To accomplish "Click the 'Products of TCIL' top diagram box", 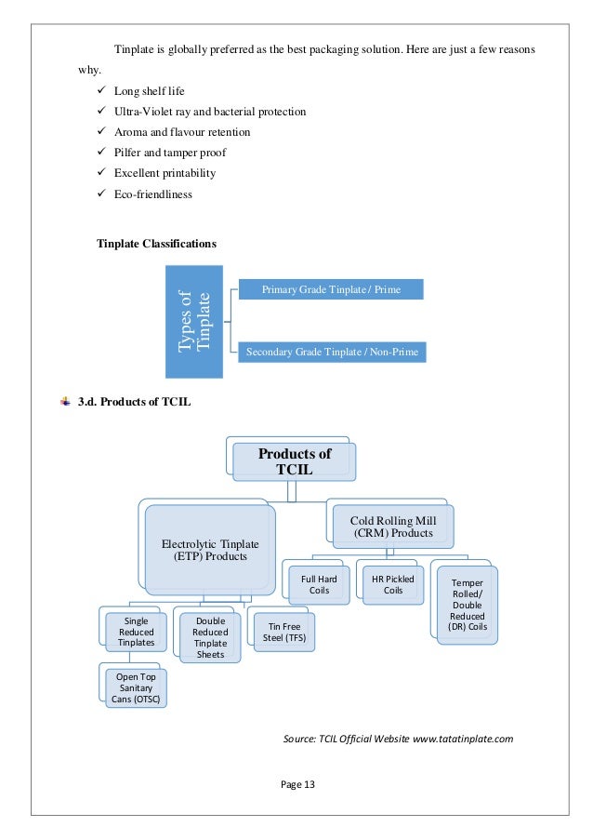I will tap(294, 460).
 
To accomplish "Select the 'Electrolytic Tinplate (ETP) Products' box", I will tap(210, 549).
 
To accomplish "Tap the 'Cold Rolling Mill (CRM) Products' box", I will tap(391, 526).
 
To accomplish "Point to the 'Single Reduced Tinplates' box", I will tap(137, 633).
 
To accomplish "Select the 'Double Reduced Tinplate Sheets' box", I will tap(210, 637).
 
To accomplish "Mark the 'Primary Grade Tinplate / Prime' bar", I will tap(331, 289).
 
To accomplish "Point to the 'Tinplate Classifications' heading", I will tap(156, 244).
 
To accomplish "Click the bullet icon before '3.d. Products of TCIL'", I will tap(65, 401).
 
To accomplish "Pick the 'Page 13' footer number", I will tap(297, 784).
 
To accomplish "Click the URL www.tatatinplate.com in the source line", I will tap(462, 739).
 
